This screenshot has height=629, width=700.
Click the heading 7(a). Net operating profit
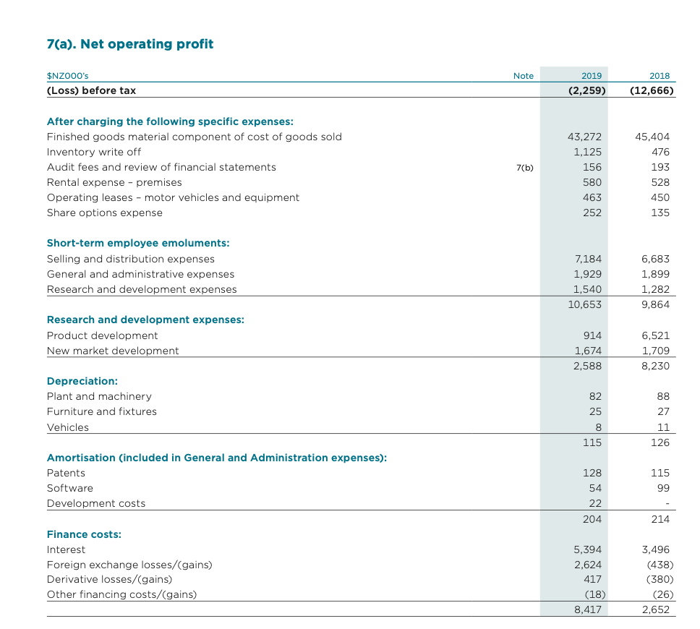point(130,44)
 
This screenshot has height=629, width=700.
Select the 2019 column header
point(592,75)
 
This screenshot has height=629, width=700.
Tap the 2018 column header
point(660,75)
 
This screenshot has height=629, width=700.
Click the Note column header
point(523,75)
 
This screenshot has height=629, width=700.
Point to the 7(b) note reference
point(525,167)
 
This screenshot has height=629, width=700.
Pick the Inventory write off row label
point(94,152)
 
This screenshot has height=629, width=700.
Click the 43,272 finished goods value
point(587,137)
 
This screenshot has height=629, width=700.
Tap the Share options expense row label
point(105,213)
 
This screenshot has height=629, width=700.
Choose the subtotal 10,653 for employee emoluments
point(585,304)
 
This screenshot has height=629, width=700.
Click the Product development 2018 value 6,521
point(655,335)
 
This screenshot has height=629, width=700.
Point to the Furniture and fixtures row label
point(102,411)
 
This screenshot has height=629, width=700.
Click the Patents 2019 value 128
point(592,473)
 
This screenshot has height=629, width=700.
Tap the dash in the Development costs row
point(667,504)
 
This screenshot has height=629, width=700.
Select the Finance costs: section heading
point(84,534)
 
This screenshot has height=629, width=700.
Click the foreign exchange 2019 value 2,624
point(588,565)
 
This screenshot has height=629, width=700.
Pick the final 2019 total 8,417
point(588,609)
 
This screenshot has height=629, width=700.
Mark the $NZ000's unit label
point(68,75)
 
